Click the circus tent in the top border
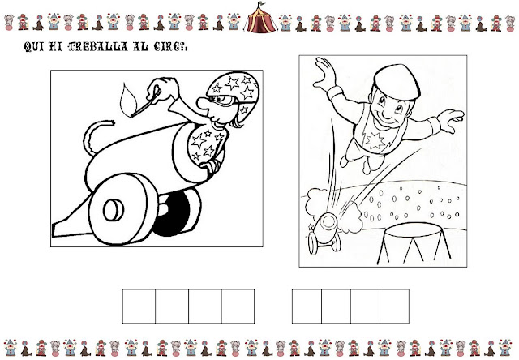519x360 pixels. (x=260, y=18)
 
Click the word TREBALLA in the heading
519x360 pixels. (x=98, y=47)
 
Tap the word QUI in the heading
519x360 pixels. (x=34, y=47)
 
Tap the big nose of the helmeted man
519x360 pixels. (x=202, y=103)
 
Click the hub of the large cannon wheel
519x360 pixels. (x=114, y=210)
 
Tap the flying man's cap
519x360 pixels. (x=397, y=82)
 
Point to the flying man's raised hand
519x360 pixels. (x=325, y=74)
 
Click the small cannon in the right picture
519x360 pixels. (x=324, y=232)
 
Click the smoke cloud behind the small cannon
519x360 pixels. (x=332, y=208)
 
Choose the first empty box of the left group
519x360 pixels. (x=139, y=306)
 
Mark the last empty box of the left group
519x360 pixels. (x=238, y=306)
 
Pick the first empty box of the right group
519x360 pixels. (x=307, y=306)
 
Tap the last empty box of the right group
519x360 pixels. (x=395, y=306)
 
